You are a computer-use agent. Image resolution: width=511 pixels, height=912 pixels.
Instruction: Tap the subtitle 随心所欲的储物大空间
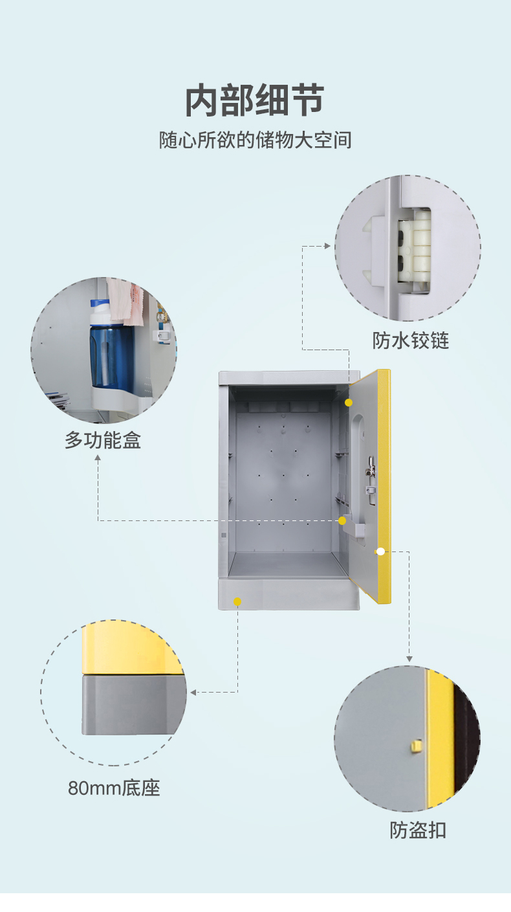pos(255,140)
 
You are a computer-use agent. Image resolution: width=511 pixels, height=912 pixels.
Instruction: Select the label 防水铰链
pos(410,340)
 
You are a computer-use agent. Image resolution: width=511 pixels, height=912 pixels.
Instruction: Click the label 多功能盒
pos(103,441)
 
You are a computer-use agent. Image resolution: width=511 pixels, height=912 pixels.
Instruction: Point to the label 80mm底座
pos(114,788)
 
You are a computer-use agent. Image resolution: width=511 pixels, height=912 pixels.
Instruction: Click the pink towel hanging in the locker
pos(127,302)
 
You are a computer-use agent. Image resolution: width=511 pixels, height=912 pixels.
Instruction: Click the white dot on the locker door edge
pos(380,551)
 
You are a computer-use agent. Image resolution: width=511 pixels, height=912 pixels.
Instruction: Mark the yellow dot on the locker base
pos(237,601)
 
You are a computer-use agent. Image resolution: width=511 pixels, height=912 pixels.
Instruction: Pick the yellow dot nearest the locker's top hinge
pos(349,403)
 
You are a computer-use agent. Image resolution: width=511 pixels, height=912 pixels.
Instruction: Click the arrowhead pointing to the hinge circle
pos(328,246)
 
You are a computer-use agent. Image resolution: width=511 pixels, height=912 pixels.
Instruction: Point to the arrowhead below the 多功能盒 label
pos(98,458)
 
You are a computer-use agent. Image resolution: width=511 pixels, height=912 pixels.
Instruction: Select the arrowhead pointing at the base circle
pos(192,693)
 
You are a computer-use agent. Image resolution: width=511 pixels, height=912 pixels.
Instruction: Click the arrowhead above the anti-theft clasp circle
pos(409,658)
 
